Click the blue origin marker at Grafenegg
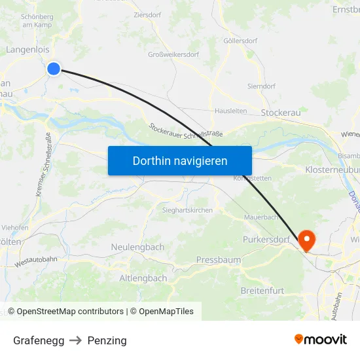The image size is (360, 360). pos(54,68)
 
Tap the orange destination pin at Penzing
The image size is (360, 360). pos(306,240)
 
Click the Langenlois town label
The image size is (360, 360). pos(27,49)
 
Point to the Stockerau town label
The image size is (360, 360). pos(280,113)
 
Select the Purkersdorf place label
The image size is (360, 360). pos(266,240)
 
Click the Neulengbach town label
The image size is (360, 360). pos(137,247)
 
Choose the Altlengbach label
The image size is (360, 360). pos(143,278)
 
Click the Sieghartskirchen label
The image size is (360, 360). pos(187,210)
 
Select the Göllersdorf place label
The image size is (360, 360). pos(240,41)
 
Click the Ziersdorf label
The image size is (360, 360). pos(147,14)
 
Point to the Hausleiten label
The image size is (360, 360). pos(231,111)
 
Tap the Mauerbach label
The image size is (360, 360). pos(261,217)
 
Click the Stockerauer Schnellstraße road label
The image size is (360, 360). pos(186,130)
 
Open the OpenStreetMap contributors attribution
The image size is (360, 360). pos(70,312)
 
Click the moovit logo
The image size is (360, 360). pos(321,339)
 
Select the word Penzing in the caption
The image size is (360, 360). pos(107,340)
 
